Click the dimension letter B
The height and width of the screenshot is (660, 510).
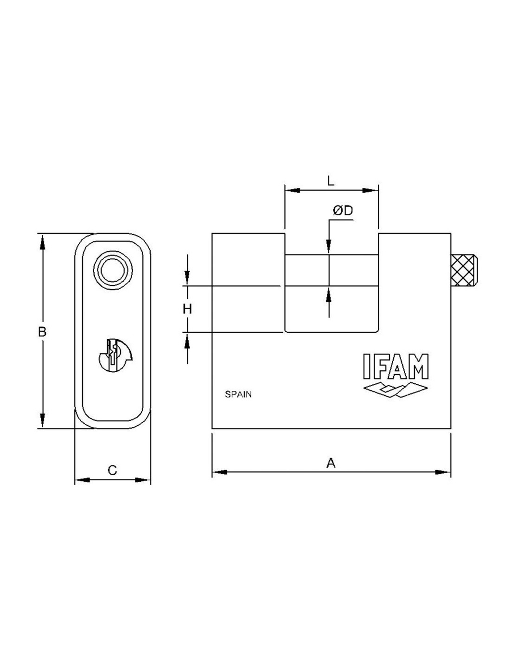[x=42, y=332]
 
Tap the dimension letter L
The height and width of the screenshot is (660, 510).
[x=331, y=181]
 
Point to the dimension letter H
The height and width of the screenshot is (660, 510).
[x=187, y=309]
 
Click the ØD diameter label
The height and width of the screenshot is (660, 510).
[x=343, y=210]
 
